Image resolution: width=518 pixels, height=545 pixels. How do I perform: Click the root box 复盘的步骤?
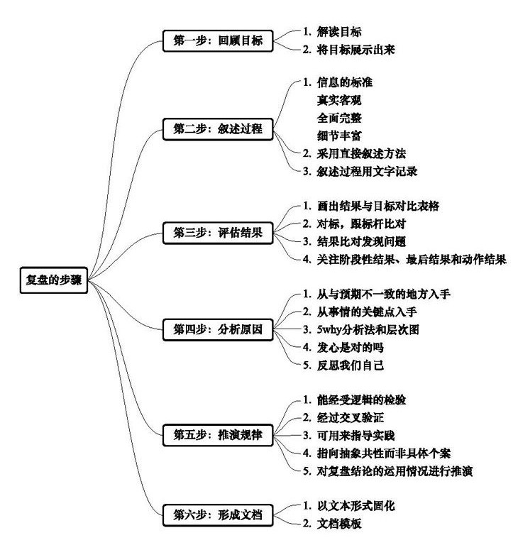point(53,280)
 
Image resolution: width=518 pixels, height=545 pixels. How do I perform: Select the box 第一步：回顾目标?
point(218,41)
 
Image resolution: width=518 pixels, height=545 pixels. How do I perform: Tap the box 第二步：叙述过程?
point(218,129)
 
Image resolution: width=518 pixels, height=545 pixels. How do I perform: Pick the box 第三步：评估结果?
point(218,233)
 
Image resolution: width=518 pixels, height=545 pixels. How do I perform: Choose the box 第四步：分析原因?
point(218,329)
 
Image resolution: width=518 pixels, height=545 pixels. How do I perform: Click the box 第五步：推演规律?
point(218,435)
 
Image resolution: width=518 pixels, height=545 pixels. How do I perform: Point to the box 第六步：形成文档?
point(218,515)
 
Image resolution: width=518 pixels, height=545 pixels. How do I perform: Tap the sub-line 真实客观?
point(339,101)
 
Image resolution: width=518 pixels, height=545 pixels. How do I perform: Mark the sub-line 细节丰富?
point(339,136)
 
